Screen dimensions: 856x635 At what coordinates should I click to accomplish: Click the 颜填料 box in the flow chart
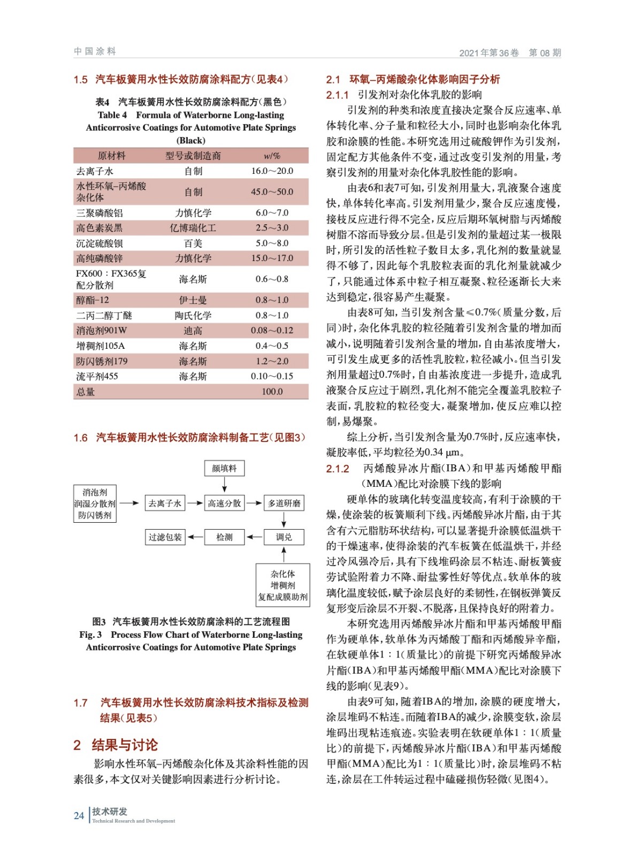pos(224,468)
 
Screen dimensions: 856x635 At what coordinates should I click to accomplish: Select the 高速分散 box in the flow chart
pos(224,503)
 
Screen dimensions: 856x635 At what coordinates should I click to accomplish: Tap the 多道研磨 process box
pos(284,503)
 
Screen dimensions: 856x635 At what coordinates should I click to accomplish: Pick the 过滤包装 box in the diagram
pos(165,537)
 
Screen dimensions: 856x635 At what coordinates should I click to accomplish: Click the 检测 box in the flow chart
pos(224,537)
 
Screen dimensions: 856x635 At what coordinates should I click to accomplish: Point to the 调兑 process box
pos(284,537)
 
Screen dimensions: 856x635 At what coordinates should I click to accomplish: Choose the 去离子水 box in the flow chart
pos(165,503)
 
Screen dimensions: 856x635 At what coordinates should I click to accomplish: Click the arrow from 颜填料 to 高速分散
pos(224,485)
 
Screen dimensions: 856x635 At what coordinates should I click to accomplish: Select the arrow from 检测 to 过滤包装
pos(195,537)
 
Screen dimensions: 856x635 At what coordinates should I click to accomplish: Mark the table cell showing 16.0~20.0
pos(272,171)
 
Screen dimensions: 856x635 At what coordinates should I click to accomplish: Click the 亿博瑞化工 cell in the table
pos(193,228)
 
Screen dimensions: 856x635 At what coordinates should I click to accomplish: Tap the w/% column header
pos(272,156)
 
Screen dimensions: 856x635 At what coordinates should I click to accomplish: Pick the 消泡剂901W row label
pos(102,331)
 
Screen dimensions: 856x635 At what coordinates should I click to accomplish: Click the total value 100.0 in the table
pos(272,392)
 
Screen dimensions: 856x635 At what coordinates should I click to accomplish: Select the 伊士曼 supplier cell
pos(193,300)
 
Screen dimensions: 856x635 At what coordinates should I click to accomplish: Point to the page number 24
pos(79,816)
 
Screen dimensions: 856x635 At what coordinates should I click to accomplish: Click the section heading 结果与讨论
pos(125,745)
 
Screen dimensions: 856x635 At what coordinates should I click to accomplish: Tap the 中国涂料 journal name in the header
pos(95,51)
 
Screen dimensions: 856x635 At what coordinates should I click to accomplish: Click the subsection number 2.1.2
pos(338,469)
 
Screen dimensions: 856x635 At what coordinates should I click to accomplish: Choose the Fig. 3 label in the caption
pos(90,635)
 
